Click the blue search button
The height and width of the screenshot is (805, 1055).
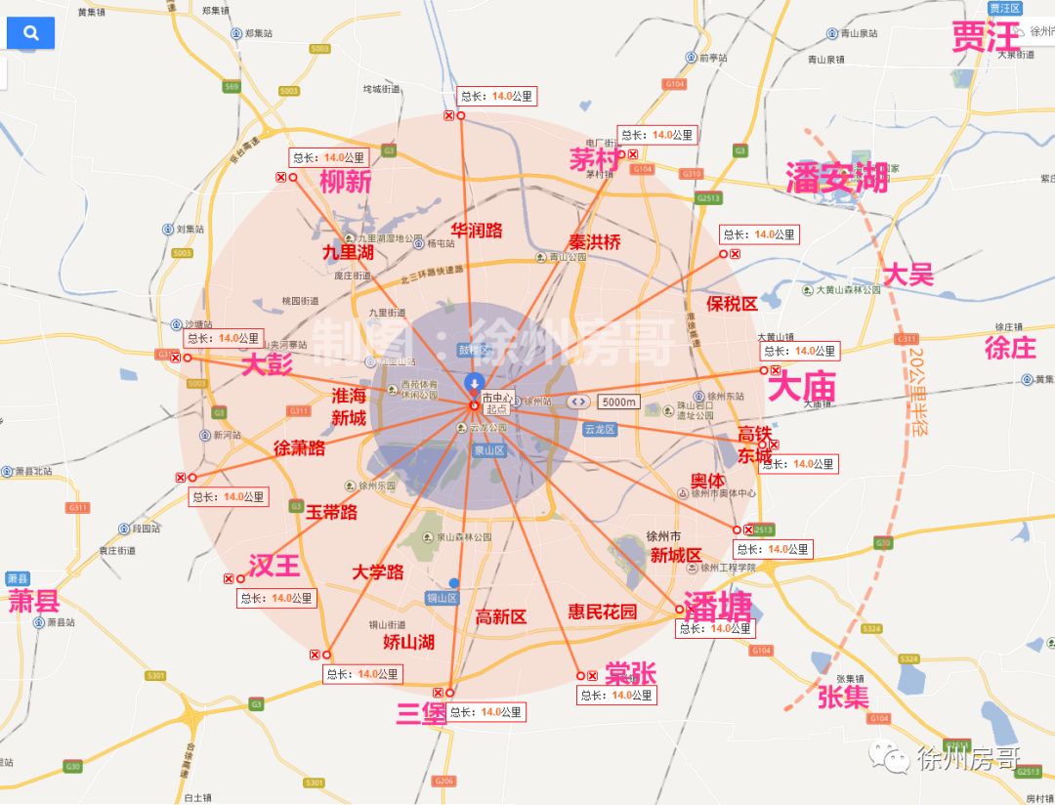point(30,33)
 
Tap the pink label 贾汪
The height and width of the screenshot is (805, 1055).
point(986,38)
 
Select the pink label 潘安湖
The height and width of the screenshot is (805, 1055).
point(837,178)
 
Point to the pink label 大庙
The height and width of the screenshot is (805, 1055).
point(802,388)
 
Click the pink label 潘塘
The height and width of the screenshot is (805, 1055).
point(718,607)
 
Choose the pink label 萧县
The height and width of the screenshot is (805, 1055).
point(34,600)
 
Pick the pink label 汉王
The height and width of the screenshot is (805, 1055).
point(274,566)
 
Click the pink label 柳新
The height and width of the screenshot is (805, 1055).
point(345,181)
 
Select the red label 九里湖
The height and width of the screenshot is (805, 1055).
point(349,252)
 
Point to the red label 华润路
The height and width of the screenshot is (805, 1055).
point(477,231)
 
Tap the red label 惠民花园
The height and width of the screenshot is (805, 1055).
point(603,612)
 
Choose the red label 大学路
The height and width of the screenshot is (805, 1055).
point(378,572)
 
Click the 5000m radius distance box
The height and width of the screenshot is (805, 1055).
point(617,402)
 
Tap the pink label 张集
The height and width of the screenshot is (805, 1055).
point(843,697)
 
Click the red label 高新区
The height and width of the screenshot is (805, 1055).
point(501,616)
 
